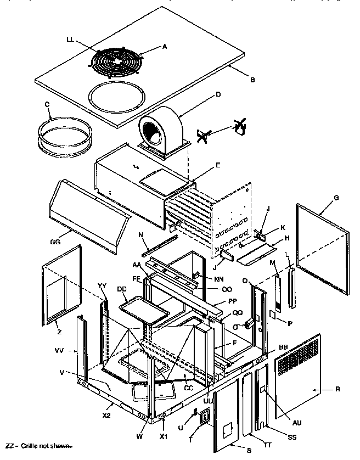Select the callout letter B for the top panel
[x=252, y=80]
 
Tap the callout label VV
[x=59, y=349]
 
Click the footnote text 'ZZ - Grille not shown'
[x=38, y=446]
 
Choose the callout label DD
[x=122, y=289]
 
